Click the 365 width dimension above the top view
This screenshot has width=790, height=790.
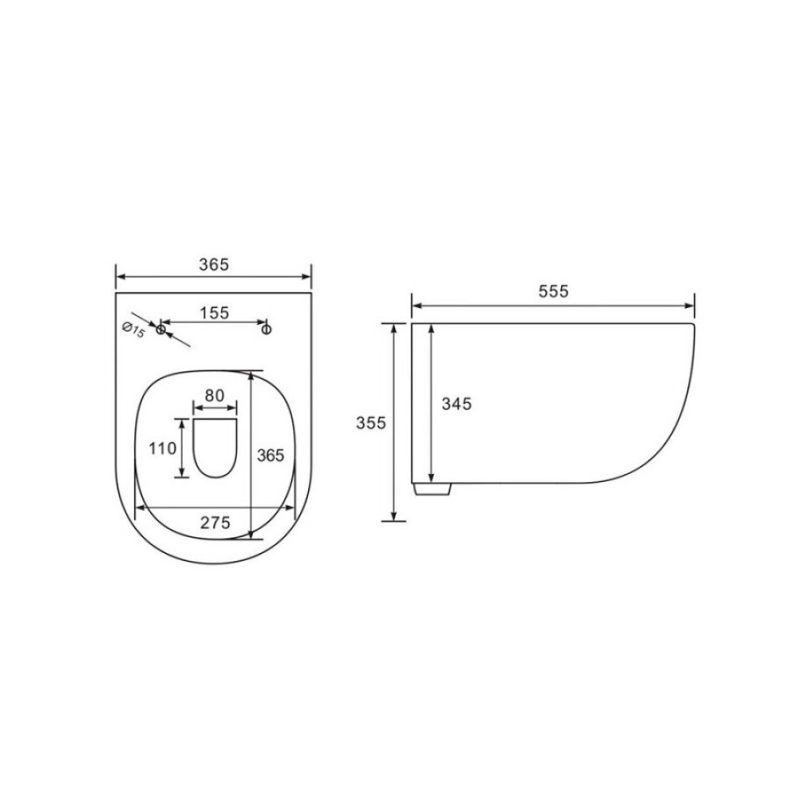pyautogui.click(x=213, y=264)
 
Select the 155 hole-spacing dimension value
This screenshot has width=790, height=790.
pyautogui.click(x=214, y=312)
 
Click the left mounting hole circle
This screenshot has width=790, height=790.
pyautogui.click(x=161, y=329)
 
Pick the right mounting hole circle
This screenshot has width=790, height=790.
pyautogui.click(x=267, y=329)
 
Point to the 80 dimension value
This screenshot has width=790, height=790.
pyautogui.click(x=215, y=396)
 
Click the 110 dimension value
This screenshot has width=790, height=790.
pyautogui.click(x=162, y=448)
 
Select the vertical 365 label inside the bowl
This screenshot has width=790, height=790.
pyautogui.click(x=270, y=456)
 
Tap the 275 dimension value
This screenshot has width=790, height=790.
pyautogui.click(x=215, y=522)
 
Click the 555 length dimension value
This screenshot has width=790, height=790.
pyautogui.click(x=553, y=291)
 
